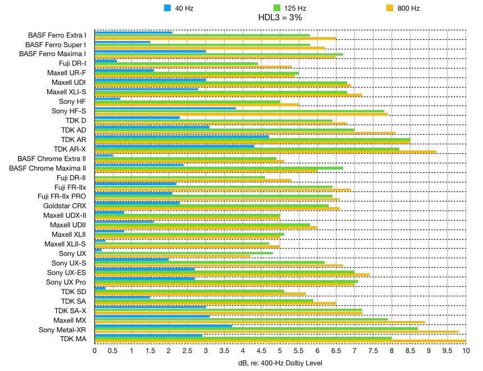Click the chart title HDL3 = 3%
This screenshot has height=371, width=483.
(x=280, y=18)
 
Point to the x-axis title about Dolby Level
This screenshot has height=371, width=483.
(x=280, y=363)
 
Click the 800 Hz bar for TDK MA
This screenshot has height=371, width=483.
(x=280, y=341)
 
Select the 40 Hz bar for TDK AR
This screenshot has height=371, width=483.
(x=182, y=136)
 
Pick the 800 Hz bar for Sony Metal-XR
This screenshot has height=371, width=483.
(x=277, y=331)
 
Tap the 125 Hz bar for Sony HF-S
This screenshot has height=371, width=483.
(x=239, y=111)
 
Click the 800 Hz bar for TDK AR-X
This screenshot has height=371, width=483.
(x=265, y=152)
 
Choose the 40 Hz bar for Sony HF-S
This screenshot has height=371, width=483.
(x=165, y=108)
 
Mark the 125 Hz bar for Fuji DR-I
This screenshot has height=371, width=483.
(x=176, y=63)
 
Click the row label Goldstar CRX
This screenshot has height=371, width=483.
(x=64, y=206)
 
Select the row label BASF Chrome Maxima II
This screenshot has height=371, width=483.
(x=48, y=168)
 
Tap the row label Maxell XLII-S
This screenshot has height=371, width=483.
(x=65, y=244)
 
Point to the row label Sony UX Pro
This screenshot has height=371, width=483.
(x=66, y=282)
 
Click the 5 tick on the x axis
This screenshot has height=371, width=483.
(x=280, y=351)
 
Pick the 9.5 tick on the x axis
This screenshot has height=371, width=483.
(x=446, y=351)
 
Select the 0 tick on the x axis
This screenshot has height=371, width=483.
(x=95, y=351)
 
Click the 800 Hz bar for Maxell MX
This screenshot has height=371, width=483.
(x=260, y=322)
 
